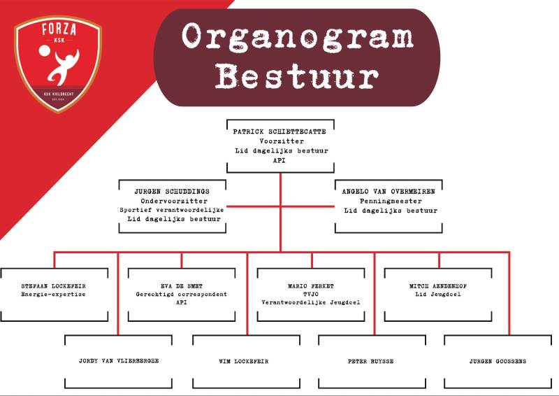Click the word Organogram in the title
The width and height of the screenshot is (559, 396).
click(x=296, y=37)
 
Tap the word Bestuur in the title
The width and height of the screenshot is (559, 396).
click(x=297, y=76)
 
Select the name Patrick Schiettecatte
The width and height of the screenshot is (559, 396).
click(x=279, y=131)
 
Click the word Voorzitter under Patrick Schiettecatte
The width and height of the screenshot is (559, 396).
click(x=279, y=141)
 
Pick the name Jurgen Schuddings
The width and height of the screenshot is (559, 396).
click(x=171, y=190)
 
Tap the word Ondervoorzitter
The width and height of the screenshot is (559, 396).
click(x=171, y=200)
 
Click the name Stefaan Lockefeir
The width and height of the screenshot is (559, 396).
click(x=54, y=285)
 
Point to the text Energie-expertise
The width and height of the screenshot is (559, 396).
click(x=54, y=295)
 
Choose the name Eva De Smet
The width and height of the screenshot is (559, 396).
click(x=181, y=285)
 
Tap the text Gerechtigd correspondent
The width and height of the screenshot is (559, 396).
click(x=181, y=295)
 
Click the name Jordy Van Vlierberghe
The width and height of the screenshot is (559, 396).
click(x=118, y=361)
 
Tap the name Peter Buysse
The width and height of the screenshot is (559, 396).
click(x=371, y=361)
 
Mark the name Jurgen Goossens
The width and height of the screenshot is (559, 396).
click(x=498, y=361)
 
